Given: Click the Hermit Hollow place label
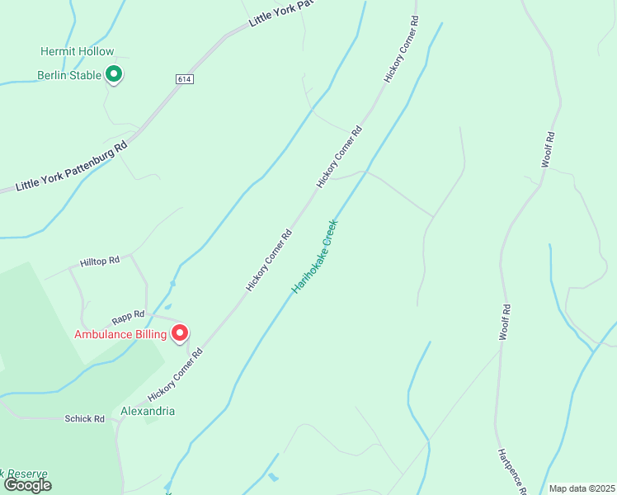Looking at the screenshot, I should point(78,51).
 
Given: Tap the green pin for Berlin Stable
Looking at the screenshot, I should point(115,75).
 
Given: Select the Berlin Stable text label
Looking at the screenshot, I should point(69,75).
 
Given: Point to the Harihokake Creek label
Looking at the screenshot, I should point(315,256).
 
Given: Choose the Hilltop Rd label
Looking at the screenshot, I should point(100,261).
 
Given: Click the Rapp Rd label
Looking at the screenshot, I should point(128,314).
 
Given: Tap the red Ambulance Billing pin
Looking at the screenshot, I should point(179,332).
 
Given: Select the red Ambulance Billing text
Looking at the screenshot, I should point(120,334).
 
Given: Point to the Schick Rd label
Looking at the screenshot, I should point(85,419).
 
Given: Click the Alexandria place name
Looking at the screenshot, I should point(148,411).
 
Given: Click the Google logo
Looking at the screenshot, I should point(28,485).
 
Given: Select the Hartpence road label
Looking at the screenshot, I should point(511,472).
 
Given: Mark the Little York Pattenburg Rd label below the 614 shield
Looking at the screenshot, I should point(73,166).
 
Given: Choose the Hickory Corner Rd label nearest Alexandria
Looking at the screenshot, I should point(175,375).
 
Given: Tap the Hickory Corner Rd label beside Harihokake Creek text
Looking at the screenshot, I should point(269,260).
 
